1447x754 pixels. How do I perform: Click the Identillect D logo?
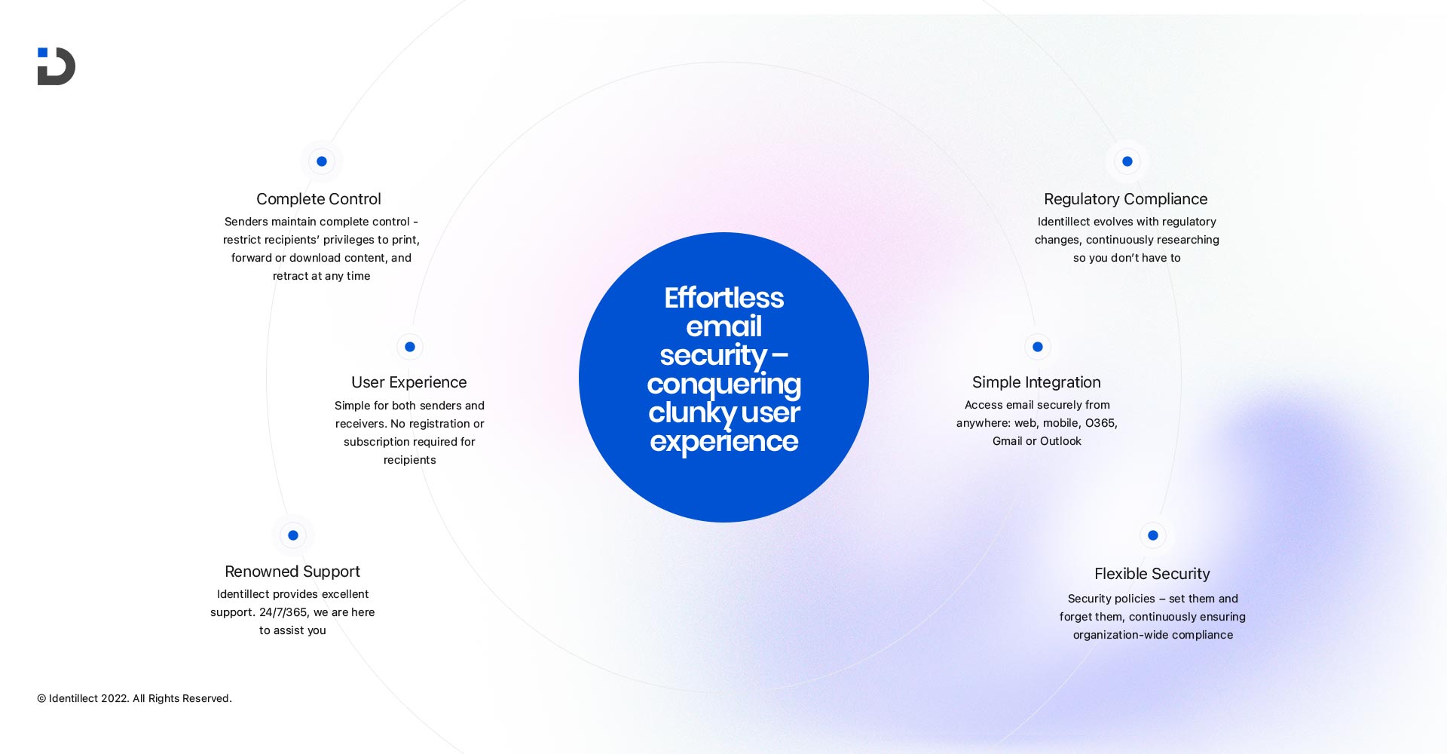coord(57,66)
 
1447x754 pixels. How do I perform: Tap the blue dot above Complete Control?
coord(322,161)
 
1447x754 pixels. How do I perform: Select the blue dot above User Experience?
coord(410,347)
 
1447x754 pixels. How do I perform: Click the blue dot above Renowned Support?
coord(293,535)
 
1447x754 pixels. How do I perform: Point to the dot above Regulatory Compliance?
coord(1127,161)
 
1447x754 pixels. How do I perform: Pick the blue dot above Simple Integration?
coord(1038,347)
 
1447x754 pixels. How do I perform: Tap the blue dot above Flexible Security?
coord(1153,535)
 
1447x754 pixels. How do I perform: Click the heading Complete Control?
coord(319,199)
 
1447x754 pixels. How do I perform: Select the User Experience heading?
coord(409,382)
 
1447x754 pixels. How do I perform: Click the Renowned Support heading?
coord(292,572)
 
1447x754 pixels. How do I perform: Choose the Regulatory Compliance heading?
coord(1126,199)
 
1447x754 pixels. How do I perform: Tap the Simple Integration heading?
coord(1036,382)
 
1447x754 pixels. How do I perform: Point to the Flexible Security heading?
coord(1152,574)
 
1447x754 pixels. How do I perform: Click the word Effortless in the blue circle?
coord(723,299)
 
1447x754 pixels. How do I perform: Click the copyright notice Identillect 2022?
coord(135,699)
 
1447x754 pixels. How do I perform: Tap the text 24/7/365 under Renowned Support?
coord(283,612)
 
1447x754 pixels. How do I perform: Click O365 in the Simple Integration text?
coord(1100,423)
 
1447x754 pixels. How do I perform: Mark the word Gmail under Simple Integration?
coord(1007,441)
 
